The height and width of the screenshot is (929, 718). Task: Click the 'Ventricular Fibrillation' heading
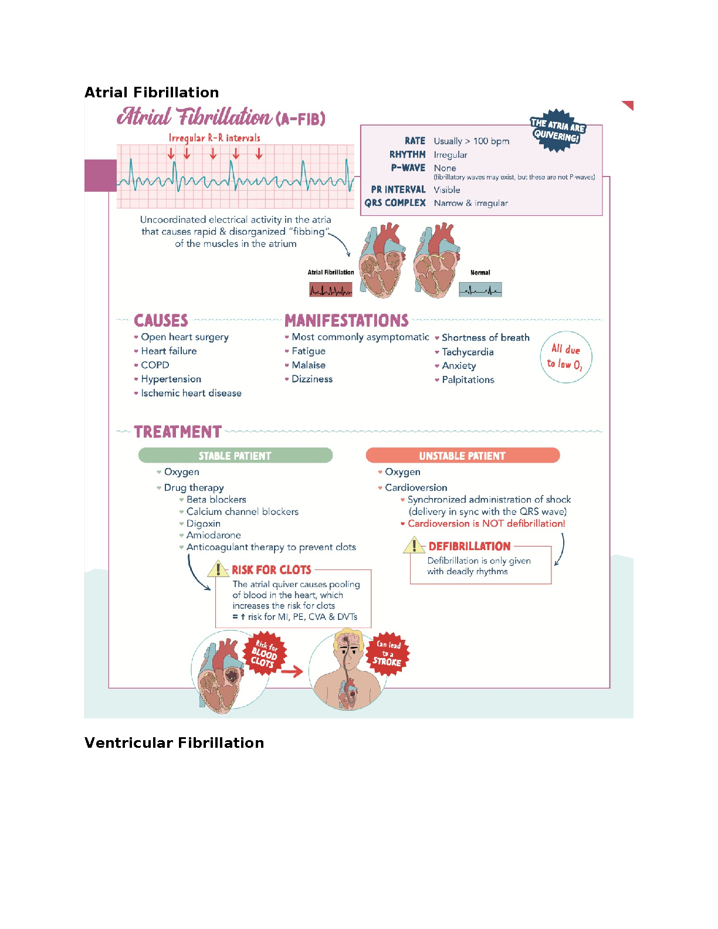point(174,742)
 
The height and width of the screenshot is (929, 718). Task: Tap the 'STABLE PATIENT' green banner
point(235,455)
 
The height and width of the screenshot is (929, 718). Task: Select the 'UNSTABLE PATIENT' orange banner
point(463,455)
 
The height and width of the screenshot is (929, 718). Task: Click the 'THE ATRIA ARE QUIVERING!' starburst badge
point(558,130)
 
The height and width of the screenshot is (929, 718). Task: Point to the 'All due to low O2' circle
point(565,357)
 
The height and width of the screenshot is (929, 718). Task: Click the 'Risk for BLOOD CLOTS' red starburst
point(265,653)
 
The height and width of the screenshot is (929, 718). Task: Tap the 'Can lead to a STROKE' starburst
point(387,654)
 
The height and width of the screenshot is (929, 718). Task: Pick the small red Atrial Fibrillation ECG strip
point(331,289)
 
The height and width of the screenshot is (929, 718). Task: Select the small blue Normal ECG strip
point(480,289)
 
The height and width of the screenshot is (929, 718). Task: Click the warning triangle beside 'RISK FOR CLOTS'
point(218,570)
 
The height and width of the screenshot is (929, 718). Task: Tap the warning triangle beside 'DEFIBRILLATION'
point(414,545)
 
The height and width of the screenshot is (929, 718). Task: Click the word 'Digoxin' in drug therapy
point(204,523)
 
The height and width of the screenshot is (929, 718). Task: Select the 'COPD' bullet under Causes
point(155,365)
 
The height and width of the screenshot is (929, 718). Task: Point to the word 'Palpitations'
point(468,379)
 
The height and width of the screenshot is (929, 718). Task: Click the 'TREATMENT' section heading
point(178,432)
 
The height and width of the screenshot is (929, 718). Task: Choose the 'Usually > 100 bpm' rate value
point(471,141)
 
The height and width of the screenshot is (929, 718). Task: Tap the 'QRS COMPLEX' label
point(395,203)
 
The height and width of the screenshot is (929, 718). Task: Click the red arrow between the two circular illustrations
point(292,672)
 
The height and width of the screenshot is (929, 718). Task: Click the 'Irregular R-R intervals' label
point(214,138)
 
